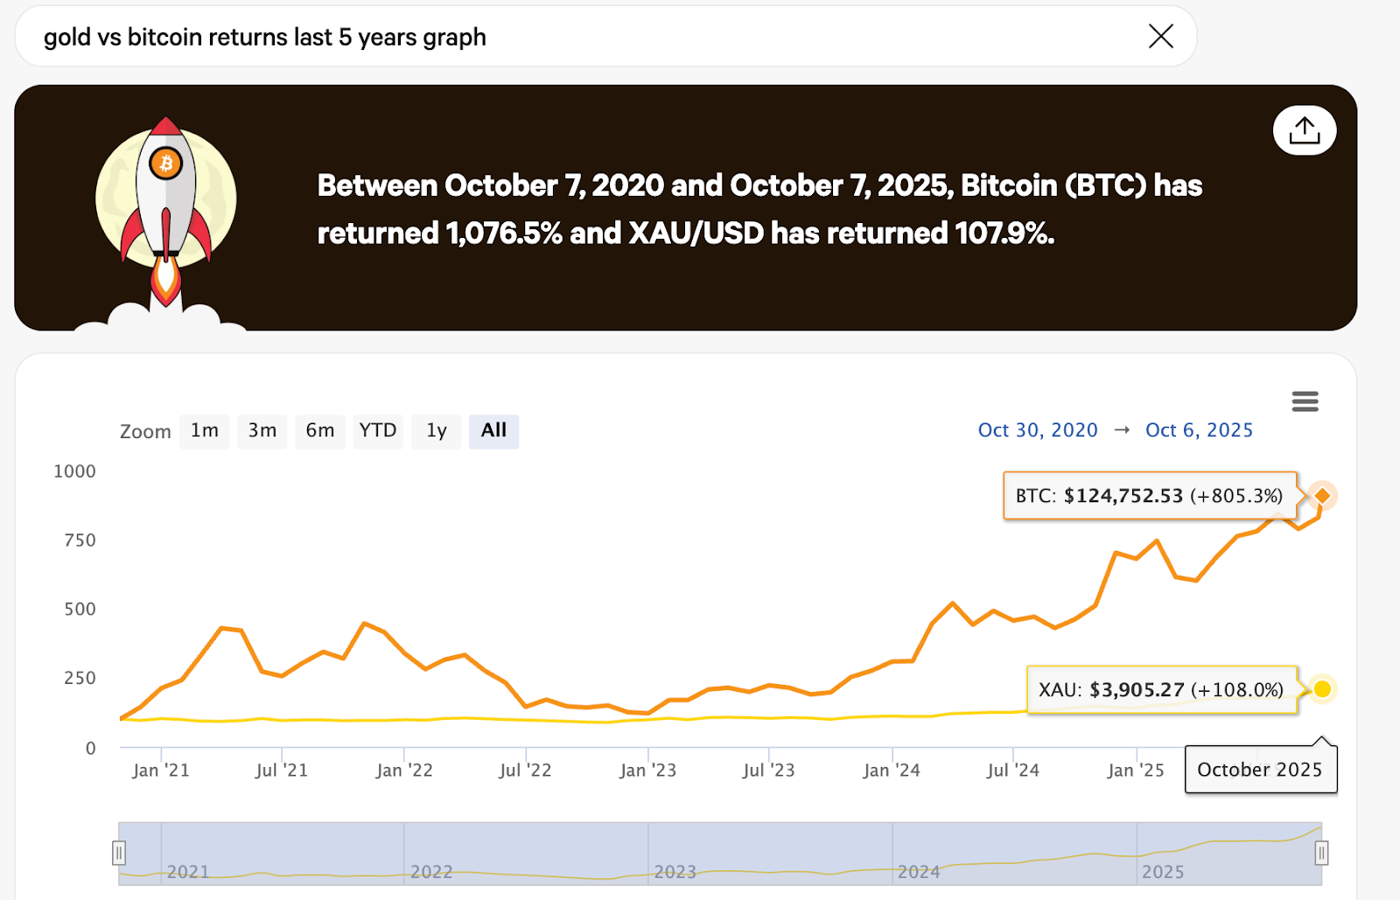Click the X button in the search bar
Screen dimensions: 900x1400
tap(1160, 36)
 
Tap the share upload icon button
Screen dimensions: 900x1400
tap(1304, 130)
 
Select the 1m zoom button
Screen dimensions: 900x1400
tap(204, 430)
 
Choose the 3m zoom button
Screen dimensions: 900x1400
tap(262, 430)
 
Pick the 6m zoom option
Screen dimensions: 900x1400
tap(319, 430)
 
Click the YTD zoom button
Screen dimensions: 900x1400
tap(377, 430)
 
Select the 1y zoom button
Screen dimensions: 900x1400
tap(436, 430)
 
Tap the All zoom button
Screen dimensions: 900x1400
tap(493, 430)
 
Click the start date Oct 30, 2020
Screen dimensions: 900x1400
tap(1037, 430)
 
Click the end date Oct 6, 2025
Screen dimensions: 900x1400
tap(1199, 430)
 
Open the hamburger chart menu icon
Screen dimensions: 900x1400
tap(1305, 401)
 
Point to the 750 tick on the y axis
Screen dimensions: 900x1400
tap(80, 541)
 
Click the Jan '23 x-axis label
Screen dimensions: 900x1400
tap(647, 771)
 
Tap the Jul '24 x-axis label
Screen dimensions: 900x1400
tap(1012, 771)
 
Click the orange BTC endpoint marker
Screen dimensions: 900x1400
tap(1322, 496)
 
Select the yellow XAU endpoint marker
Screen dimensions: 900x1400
tap(1322, 689)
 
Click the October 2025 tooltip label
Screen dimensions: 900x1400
tap(1259, 770)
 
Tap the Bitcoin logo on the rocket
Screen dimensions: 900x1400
tap(165, 163)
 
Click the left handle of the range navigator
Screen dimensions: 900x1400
tap(119, 852)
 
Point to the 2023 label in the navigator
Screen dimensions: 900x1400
tap(675, 872)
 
